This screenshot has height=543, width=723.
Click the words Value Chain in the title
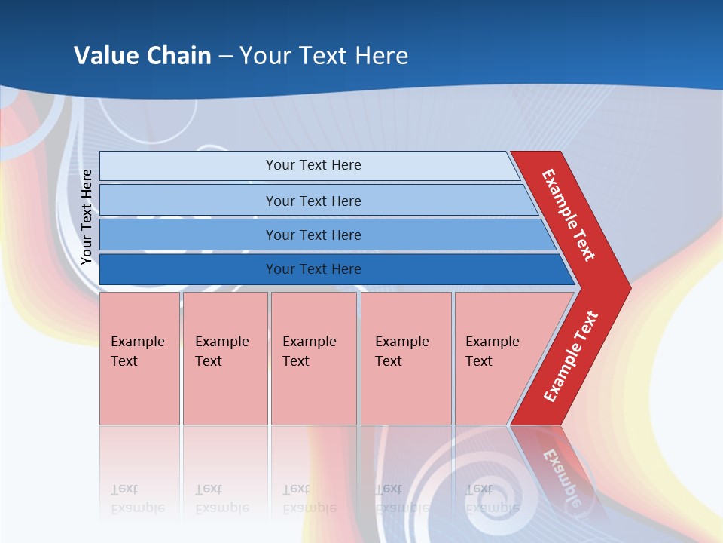[142, 56]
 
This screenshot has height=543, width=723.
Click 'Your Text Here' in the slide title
[324, 56]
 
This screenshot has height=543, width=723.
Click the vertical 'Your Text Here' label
[87, 216]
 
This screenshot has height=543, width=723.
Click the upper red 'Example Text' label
[569, 215]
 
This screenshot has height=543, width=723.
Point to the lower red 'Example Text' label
[571, 357]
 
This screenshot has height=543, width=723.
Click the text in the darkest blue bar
[313, 269]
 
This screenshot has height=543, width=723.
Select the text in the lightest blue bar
[313, 165]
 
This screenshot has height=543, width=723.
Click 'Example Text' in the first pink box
[137, 351]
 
